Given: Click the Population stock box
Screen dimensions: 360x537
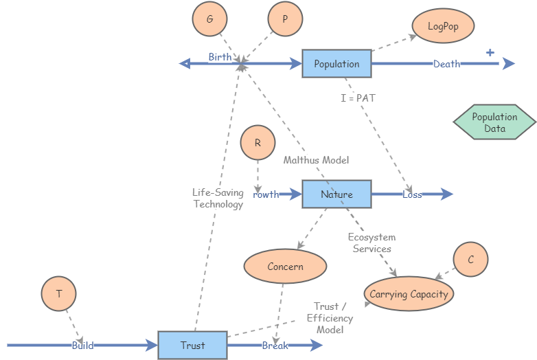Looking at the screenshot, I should point(336,64).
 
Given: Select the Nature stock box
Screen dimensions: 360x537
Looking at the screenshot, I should point(336,194).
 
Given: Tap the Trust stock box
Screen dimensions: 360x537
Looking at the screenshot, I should point(192,345).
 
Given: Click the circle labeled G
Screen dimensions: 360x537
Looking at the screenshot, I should point(209,20).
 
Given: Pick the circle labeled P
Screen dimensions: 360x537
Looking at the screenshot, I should point(285,20).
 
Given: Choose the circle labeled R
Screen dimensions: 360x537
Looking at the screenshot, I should point(258,144).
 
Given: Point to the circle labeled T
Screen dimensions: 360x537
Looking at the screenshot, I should point(58,294).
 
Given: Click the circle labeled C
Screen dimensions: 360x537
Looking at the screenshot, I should point(470,260).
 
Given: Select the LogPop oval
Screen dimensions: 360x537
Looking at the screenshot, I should point(443,27).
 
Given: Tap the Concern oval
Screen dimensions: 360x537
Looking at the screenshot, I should point(285,267).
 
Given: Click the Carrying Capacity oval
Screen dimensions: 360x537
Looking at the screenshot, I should point(409,294).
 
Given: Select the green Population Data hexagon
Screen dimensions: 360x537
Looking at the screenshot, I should point(494,123).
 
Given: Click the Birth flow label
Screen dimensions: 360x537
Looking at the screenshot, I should point(220,58).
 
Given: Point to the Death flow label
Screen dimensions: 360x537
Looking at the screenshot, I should point(446,64).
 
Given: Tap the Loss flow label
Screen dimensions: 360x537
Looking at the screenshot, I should point(412,194).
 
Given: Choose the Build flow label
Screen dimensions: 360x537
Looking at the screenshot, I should point(82,346).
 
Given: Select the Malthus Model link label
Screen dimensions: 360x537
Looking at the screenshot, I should point(316,160).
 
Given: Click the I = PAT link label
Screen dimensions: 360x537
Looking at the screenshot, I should point(358,98).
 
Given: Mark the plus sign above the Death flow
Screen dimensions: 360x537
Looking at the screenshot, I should point(490,52).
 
